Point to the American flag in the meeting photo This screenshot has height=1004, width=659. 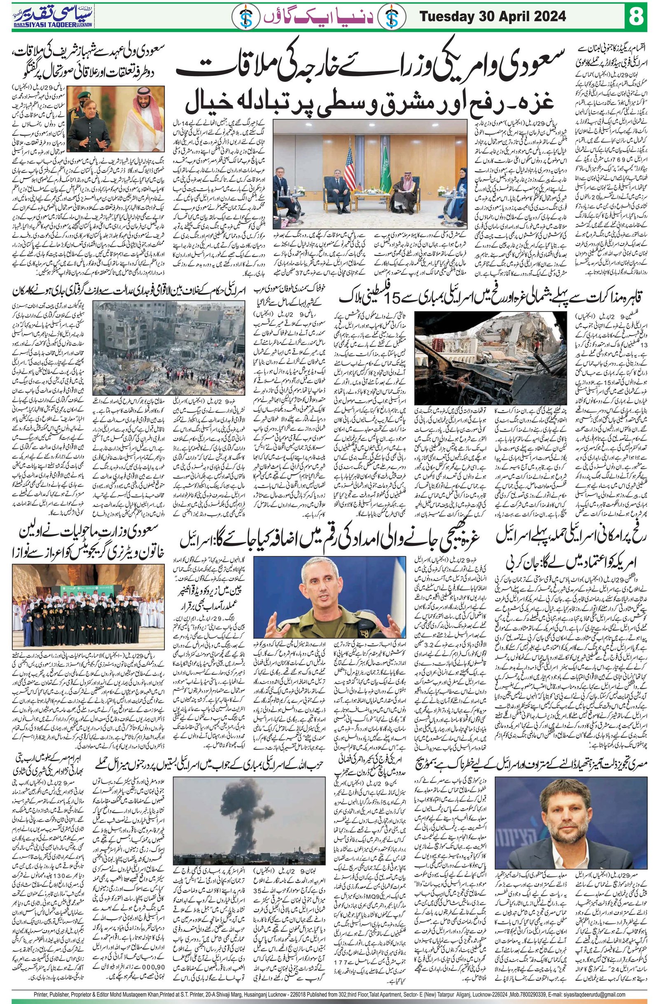(x=350, y=169)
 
